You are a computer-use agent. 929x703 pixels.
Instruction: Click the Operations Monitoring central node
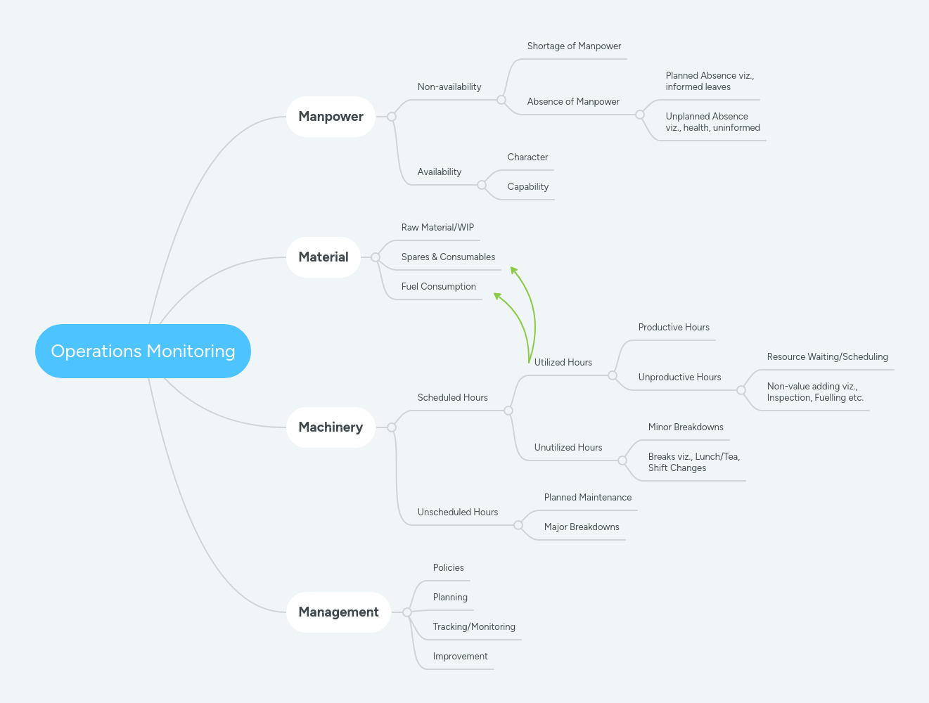click(143, 351)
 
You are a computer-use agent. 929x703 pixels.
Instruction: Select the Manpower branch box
click(331, 117)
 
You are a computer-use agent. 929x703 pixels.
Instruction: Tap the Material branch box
click(323, 257)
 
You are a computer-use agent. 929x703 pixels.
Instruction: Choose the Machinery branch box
click(331, 427)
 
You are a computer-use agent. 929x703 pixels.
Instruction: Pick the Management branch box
click(338, 612)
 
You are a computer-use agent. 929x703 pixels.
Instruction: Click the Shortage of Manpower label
click(574, 46)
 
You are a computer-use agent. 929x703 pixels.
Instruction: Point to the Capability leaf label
click(527, 187)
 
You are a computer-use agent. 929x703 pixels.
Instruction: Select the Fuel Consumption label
click(438, 287)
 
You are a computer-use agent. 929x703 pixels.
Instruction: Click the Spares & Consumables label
click(448, 257)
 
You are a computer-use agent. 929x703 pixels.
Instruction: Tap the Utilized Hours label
click(563, 363)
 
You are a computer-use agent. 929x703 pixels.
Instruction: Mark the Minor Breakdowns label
click(686, 427)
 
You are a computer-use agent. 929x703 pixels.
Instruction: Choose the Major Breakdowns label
click(582, 527)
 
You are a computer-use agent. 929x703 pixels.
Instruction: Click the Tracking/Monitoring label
click(474, 627)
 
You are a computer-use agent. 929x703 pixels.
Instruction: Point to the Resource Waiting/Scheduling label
click(827, 357)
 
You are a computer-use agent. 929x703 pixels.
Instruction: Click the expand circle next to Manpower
click(392, 117)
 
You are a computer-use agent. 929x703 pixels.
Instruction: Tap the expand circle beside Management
click(407, 612)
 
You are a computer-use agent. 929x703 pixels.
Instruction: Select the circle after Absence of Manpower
click(640, 115)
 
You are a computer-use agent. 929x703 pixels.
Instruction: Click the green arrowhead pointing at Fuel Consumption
click(498, 297)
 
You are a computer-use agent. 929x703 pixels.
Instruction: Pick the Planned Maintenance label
click(587, 498)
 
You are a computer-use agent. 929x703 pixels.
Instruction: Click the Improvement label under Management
click(460, 657)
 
